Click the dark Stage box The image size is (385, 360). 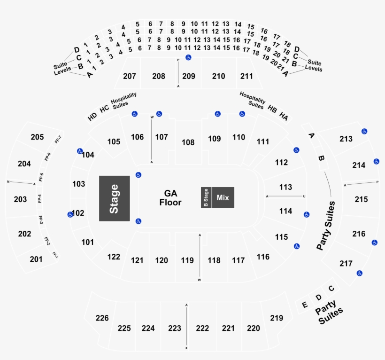(x=114, y=198)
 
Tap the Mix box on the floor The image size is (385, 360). (x=223, y=198)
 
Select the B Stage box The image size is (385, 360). (x=206, y=198)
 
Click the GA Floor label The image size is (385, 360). (x=170, y=198)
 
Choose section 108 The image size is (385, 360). (x=188, y=142)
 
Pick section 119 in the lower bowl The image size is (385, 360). (x=187, y=260)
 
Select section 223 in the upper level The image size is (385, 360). (x=174, y=328)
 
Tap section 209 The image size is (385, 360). (x=189, y=76)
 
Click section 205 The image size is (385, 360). (x=37, y=137)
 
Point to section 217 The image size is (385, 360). (x=346, y=264)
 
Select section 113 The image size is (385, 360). (x=285, y=187)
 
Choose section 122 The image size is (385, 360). (x=114, y=257)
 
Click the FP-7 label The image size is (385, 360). (x=58, y=140)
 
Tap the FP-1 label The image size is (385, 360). (x=55, y=255)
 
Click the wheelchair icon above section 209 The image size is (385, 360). (x=188, y=58)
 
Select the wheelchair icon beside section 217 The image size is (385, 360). (x=360, y=273)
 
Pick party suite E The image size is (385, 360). (x=305, y=305)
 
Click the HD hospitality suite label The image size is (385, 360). (x=92, y=116)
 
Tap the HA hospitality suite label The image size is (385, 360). (x=284, y=116)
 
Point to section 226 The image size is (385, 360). (x=102, y=318)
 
